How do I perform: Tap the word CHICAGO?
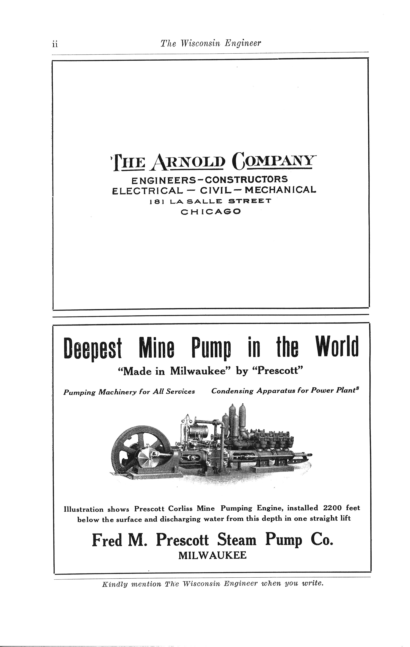point(211,212)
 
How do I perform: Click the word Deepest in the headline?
point(93,348)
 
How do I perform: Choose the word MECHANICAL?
point(281,190)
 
